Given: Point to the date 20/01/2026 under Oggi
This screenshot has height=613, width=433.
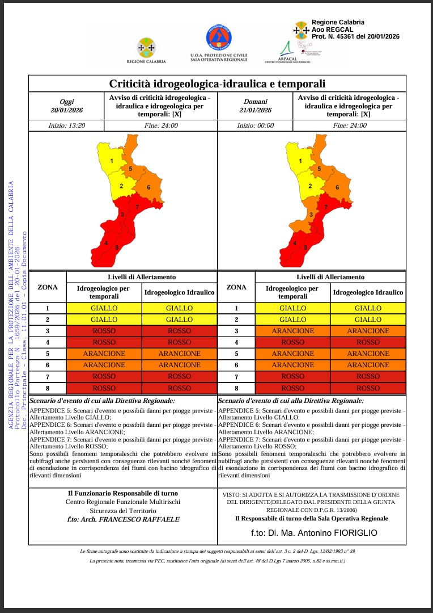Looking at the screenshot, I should [x=67, y=110].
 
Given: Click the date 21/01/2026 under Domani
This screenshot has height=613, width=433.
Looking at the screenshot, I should [x=255, y=110].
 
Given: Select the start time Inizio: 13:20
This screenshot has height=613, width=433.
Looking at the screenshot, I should [x=66, y=125].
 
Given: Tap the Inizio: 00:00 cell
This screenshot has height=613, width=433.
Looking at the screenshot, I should [x=255, y=125].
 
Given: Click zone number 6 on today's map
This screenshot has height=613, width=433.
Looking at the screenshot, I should [x=148, y=187].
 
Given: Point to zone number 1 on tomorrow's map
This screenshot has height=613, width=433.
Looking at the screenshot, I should [x=300, y=161].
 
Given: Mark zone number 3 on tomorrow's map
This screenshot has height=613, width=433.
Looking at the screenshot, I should [x=311, y=215].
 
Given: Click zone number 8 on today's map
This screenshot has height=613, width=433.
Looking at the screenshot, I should [x=117, y=247].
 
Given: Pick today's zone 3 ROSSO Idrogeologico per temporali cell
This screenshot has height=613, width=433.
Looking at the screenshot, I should [x=104, y=331].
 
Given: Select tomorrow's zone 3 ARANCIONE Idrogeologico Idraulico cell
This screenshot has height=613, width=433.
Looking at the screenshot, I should [x=368, y=331].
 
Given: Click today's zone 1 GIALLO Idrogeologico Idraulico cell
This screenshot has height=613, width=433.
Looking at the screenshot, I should [x=179, y=308].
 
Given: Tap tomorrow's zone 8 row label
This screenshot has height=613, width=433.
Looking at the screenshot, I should [x=236, y=388].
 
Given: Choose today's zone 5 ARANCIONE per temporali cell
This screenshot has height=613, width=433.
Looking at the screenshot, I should [x=104, y=354].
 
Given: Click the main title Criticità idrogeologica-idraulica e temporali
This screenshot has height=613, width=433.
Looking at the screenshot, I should [x=217, y=84].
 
